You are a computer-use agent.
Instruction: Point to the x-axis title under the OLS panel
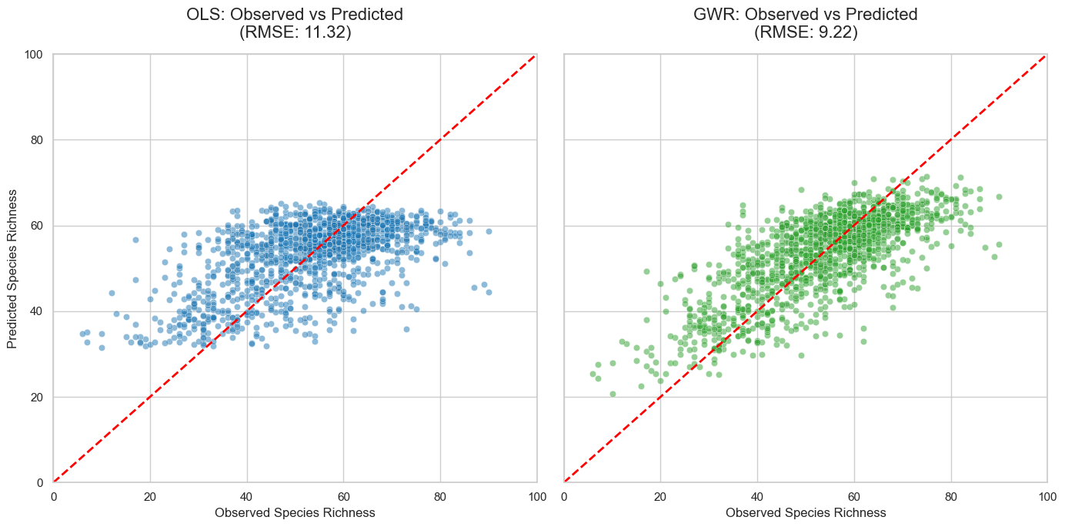[x=295, y=512]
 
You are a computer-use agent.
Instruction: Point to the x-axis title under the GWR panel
[x=806, y=512]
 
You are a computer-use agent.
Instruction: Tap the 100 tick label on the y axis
[x=35, y=55]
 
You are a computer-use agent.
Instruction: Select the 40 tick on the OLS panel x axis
[x=247, y=496]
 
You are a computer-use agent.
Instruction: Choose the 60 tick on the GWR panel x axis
[x=854, y=496]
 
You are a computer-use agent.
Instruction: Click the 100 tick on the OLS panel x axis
[x=536, y=496]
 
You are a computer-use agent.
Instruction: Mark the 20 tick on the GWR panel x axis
[x=661, y=496]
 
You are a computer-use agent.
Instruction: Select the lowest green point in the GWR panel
[x=613, y=394]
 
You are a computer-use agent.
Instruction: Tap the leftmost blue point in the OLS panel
[x=82, y=334]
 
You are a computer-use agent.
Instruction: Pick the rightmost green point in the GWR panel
[x=999, y=196]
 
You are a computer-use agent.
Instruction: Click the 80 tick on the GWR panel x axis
[x=951, y=496]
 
